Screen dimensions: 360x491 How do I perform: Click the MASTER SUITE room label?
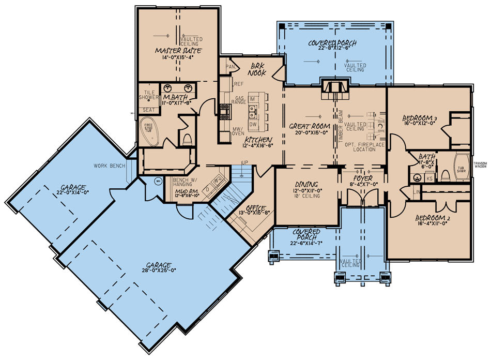click(178, 51)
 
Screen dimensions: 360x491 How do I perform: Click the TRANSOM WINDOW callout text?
click(480, 164)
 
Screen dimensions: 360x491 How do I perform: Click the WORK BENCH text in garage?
click(110, 166)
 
